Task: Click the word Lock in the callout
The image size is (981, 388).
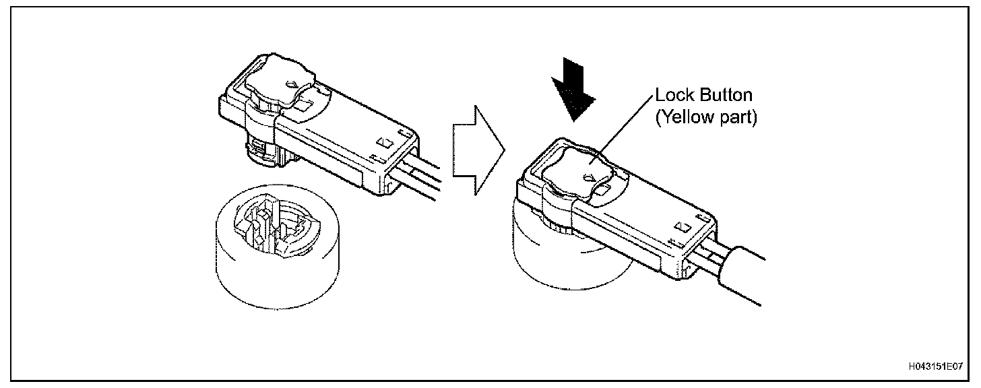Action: click(673, 97)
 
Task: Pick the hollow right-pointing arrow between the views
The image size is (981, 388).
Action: click(478, 150)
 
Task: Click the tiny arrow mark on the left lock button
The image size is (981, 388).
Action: click(292, 85)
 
